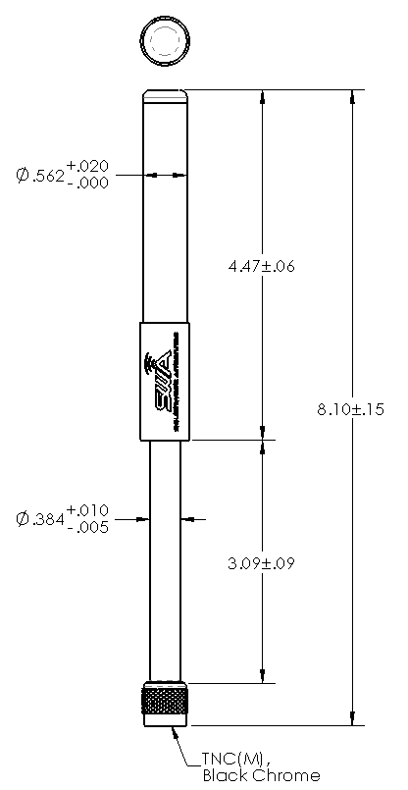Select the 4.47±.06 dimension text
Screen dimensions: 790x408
coord(261,266)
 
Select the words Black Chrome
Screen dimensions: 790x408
coord(260,775)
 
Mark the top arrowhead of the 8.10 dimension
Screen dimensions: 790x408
coord(351,98)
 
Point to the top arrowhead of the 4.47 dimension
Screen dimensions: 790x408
coord(261,98)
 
